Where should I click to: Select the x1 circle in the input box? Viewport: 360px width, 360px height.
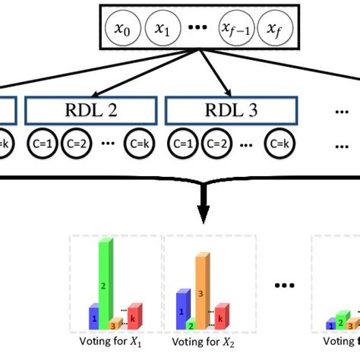(x=162, y=29)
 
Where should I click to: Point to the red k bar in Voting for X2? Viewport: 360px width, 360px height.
(x=221, y=315)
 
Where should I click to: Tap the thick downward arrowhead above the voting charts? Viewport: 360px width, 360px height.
(x=203, y=214)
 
